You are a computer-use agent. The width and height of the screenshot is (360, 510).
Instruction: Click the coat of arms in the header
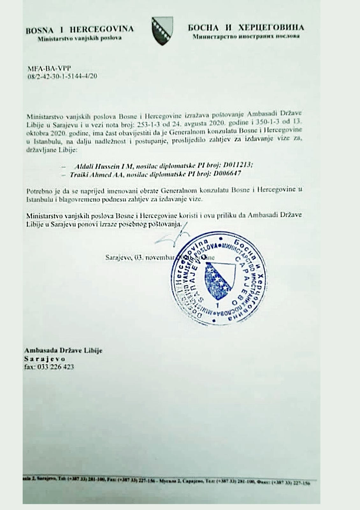[162, 31]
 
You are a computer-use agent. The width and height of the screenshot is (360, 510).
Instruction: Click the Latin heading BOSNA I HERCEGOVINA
[79, 30]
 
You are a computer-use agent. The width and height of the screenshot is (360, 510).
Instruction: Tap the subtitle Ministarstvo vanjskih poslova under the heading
[79, 38]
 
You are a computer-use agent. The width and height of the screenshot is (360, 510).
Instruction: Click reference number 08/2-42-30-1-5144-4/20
[62, 76]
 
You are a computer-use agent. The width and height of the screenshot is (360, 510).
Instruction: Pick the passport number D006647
[227, 174]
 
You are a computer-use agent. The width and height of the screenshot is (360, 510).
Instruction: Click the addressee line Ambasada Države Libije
[63, 351]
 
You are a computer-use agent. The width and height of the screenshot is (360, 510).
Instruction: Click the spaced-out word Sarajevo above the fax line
[44, 359]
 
